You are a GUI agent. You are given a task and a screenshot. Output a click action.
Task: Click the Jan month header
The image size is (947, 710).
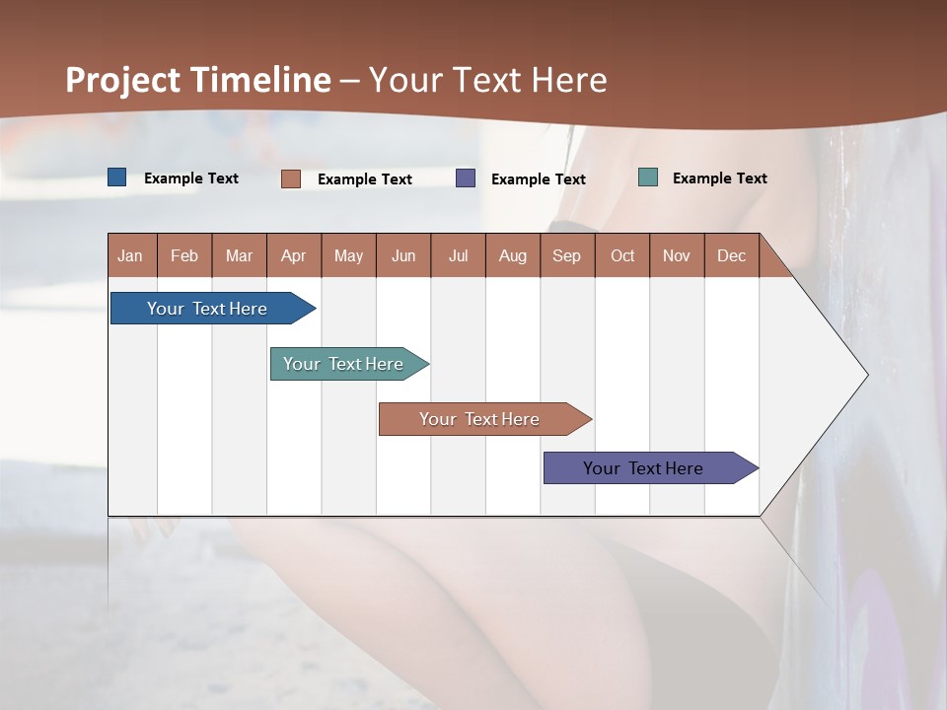(x=130, y=255)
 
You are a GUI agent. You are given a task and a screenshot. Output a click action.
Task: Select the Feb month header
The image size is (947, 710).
(x=184, y=255)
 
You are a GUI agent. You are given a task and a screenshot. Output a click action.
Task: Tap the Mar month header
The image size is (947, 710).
(x=239, y=255)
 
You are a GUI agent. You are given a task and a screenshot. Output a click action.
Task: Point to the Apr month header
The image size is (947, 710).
(x=293, y=255)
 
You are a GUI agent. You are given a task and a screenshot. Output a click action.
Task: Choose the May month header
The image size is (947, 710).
(x=348, y=255)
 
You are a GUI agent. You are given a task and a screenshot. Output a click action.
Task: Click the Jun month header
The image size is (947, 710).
(x=403, y=255)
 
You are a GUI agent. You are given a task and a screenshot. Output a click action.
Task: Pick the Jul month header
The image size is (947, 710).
(x=458, y=255)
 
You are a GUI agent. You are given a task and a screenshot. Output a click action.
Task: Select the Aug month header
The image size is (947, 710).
(x=512, y=255)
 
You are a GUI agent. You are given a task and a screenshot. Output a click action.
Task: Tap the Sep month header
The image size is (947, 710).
(x=566, y=255)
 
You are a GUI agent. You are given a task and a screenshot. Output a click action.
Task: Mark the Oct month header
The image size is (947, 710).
(x=622, y=255)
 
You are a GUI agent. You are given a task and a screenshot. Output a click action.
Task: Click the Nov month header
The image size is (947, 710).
(x=677, y=255)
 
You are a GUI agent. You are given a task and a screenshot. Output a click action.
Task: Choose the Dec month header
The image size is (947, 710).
(x=731, y=255)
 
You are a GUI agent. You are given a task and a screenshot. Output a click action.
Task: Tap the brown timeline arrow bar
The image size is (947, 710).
(x=480, y=419)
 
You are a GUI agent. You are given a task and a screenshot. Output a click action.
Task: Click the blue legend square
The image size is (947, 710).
(x=117, y=177)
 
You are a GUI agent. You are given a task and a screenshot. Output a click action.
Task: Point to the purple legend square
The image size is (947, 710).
(x=466, y=178)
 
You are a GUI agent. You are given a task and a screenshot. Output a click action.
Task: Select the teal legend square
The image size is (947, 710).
(x=648, y=177)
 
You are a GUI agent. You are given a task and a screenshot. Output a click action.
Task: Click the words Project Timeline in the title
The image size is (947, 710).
(x=198, y=80)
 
